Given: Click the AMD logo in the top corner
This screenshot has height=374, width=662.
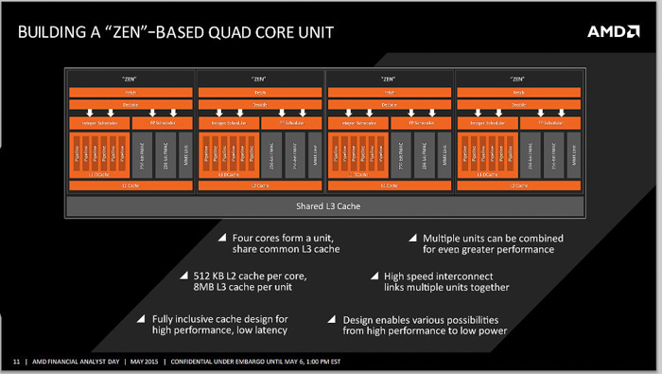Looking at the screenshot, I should [x=614, y=31].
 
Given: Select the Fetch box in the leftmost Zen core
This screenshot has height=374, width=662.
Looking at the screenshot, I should [x=130, y=92].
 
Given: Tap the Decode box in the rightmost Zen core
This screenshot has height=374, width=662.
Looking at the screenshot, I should [x=519, y=104].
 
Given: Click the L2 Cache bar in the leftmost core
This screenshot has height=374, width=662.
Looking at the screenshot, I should [x=130, y=186].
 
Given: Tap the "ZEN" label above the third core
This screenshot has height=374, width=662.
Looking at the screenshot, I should [x=389, y=79].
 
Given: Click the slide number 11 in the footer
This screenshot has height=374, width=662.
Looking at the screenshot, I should [x=16, y=362].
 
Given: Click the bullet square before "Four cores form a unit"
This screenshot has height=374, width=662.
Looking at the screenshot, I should [x=222, y=237].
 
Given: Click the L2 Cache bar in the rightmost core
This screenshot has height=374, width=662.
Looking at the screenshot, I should [x=519, y=186].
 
